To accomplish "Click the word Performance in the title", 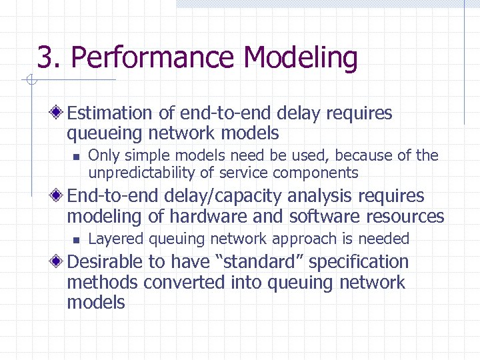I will pyautogui.click(x=153, y=58).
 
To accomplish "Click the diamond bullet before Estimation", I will pyautogui.click(x=60, y=113).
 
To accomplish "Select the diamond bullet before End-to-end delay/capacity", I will pyautogui.click(x=60, y=196).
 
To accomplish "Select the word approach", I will pyautogui.click(x=319, y=239).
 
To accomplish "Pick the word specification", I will pyautogui.click(x=359, y=262).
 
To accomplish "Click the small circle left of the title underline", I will pyautogui.click(x=29, y=81).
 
